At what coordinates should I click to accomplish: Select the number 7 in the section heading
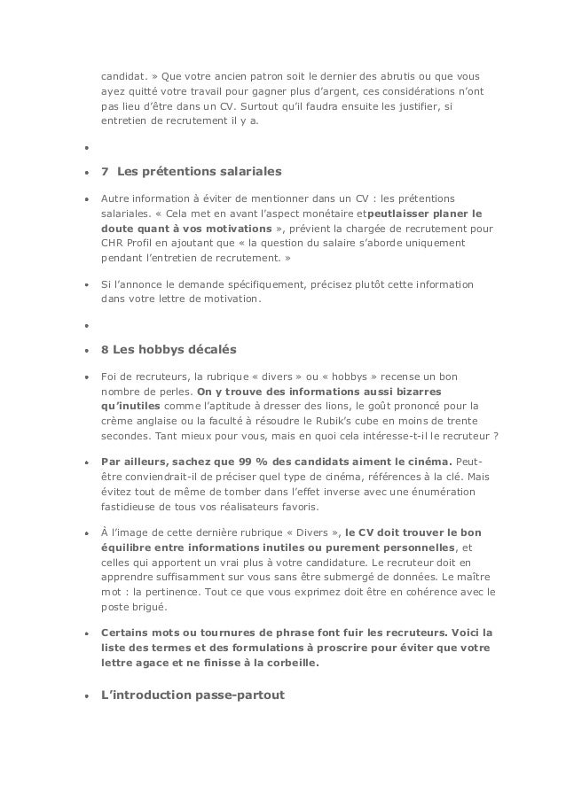coord(105,170)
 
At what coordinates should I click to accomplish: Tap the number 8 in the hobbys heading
coord(105,348)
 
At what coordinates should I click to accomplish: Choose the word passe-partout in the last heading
coord(240,695)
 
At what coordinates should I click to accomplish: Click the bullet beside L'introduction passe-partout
coord(86,696)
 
